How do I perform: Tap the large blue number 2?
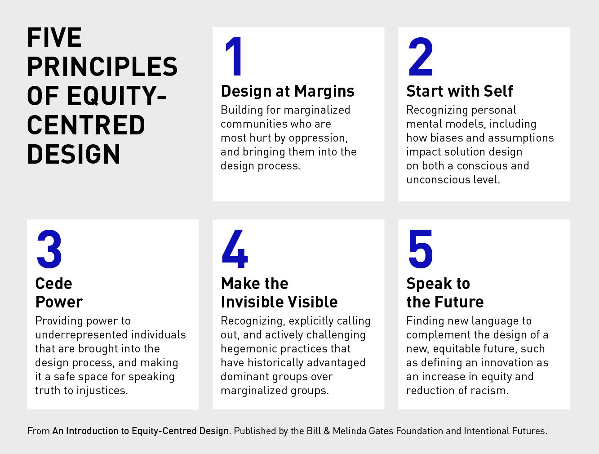coord(421,56)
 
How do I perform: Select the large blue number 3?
coord(49,249)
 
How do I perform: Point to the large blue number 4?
coord(235,249)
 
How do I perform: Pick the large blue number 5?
coord(421,249)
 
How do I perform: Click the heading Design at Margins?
coord(288,91)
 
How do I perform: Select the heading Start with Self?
coord(460,91)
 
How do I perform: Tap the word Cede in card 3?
coord(54,283)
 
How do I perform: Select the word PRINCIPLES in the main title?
coord(102,67)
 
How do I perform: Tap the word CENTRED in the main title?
coord(86,125)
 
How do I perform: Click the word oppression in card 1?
coord(318,138)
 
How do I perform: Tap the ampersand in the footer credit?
coord(327,431)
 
